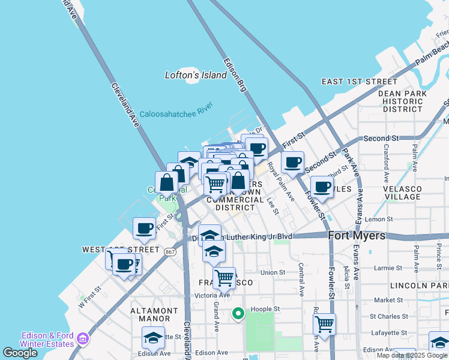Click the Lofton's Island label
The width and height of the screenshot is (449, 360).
point(196,75)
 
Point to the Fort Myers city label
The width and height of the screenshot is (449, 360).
point(357,236)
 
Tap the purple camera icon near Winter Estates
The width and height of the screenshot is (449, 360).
point(80,340)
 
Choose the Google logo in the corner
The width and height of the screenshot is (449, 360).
point(20,353)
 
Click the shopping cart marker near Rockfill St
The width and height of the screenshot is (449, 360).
point(324,324)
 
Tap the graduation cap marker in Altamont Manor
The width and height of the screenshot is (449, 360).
point(154,337)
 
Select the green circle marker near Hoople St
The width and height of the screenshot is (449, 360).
point(238,313)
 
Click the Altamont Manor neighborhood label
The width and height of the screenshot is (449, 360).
point(154,314)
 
